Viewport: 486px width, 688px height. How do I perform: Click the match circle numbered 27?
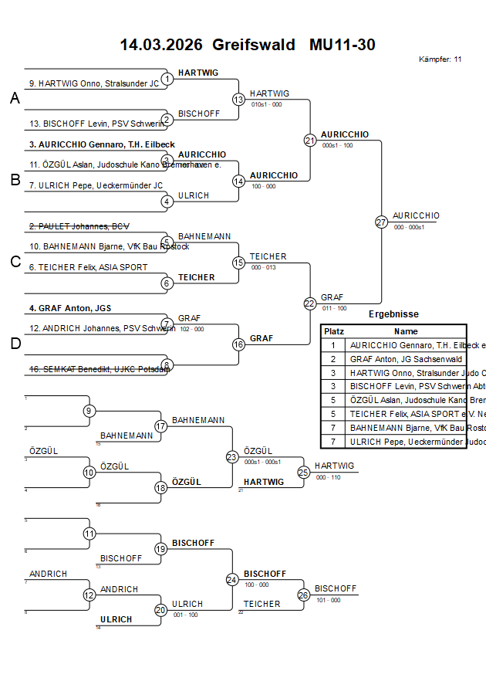point(381,222)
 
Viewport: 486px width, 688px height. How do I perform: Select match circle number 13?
point(238,99)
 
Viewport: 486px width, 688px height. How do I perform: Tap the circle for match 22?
point(309,303)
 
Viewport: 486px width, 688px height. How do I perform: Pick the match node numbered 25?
point(303,472)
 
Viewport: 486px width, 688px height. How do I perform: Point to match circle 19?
point(160,549)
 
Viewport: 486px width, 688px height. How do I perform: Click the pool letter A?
point(15,99)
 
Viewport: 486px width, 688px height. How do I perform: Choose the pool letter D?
point(15,344)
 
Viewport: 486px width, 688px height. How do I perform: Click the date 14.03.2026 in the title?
point(160,45)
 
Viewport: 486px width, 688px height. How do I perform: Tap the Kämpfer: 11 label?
point(440,59)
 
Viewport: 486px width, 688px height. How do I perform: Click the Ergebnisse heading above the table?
point(393,314)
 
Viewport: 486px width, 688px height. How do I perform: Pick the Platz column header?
point(333,330)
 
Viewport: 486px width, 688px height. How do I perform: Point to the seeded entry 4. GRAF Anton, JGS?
point(70,308)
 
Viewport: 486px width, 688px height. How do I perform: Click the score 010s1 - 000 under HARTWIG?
point(266,104)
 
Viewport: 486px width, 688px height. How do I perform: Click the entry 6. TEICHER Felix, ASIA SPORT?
point(88,267)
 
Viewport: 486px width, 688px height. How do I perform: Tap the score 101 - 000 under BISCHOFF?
point(327,599)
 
